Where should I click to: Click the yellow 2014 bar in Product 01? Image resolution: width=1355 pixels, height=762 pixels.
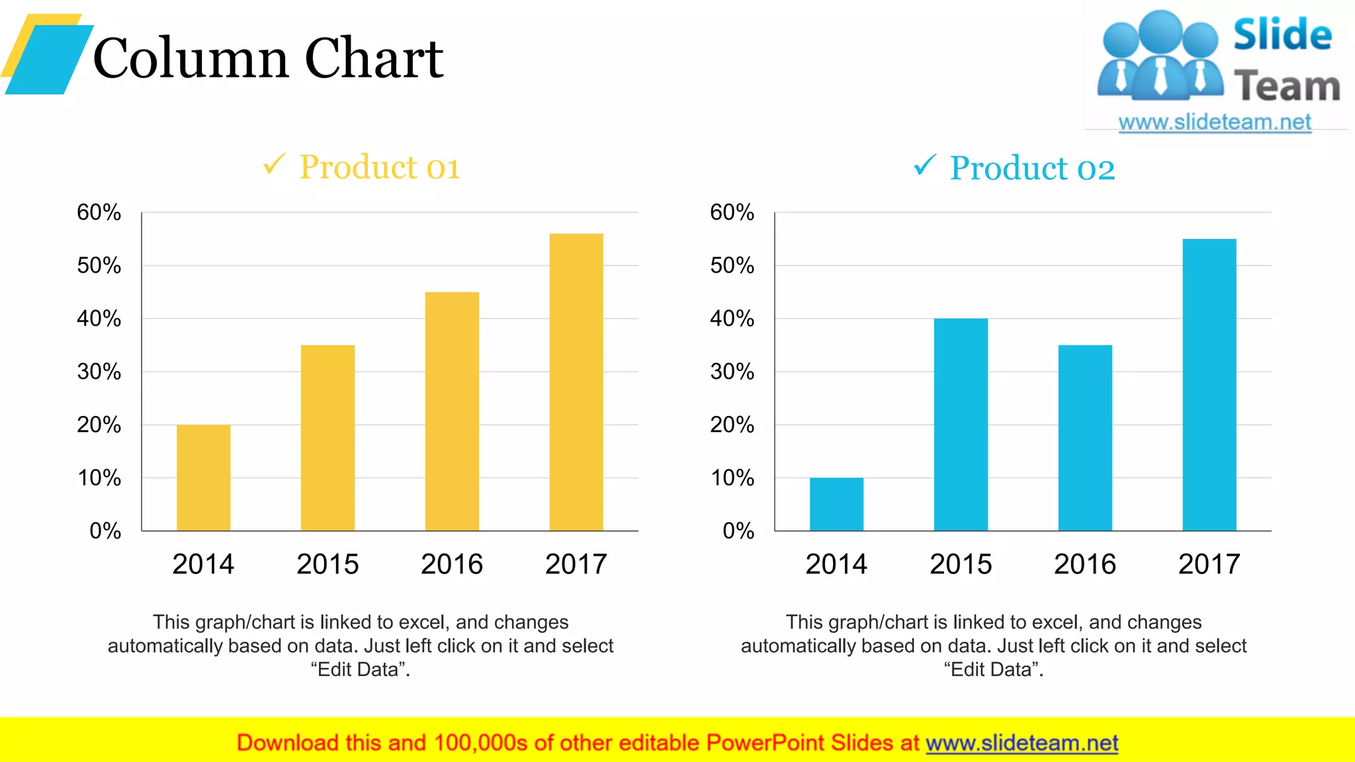coord(203,478)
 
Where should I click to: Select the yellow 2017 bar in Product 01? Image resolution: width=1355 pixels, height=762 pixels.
coord(576,382)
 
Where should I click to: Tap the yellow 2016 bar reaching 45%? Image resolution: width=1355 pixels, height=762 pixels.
coord(452,411)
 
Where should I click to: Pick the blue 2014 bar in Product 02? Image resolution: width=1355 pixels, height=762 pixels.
coord(836,504)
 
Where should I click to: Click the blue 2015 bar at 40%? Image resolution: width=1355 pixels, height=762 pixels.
coord(961,425)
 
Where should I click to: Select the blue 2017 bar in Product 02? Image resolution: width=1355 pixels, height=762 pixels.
coord(1209,385)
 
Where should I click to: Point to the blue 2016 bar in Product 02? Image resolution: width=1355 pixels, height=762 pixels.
coord(1085,438)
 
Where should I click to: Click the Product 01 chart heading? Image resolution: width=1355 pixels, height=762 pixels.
coord(379,167)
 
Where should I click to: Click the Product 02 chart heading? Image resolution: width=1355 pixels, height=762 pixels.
coord(1032,168)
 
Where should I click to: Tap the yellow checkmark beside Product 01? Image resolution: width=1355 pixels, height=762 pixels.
coord(274,163)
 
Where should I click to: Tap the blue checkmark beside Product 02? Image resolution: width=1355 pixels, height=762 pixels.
coord(925,165)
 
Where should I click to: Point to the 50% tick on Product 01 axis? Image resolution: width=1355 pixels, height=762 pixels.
coord(99,266)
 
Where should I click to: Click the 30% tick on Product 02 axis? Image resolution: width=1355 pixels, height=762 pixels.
coord(732,372)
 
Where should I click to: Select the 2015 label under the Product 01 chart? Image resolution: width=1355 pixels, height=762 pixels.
coord(328,564)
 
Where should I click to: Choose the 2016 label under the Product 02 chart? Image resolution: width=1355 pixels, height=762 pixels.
coord(1085,564)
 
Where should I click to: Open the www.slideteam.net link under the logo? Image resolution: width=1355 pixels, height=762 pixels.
coord(1215,122)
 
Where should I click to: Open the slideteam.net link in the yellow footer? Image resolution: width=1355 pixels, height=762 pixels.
coord(1022,743)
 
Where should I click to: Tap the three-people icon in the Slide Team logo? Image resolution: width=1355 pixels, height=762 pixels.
coord(1160,56)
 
